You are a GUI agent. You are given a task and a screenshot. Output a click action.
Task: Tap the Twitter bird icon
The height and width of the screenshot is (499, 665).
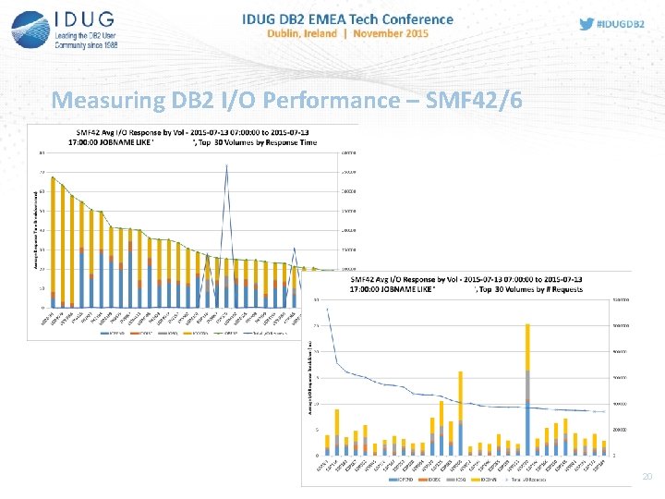pyautogui.click(x=586, y=25)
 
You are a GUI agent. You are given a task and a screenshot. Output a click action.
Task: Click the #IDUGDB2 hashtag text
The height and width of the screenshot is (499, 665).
pyautogui.click(x=620, y=25)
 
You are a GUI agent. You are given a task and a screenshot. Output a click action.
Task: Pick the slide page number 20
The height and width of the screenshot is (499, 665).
pyautogui.click(x=647, y=477)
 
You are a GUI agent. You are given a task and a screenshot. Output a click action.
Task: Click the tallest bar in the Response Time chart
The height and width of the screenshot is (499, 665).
pyautogui.click(x=53, y=241)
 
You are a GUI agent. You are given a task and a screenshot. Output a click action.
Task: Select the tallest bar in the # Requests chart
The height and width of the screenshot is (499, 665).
pyautogui.click(x=526, y=389)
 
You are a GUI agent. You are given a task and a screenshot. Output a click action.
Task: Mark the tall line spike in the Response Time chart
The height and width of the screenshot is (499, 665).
pyautogui.click(x=226, y=166)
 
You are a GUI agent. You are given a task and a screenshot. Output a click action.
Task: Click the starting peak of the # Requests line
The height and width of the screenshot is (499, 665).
pyautogui.click(x=327, y=310)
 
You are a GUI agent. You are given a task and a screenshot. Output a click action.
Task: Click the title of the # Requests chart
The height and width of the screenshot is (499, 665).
pyautogui.click(x=466, y=284)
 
